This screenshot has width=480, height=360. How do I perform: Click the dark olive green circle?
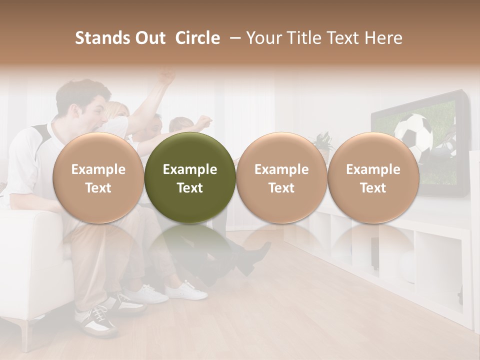tap(190, 177)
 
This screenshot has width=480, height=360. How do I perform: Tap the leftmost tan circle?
tap(98, 177)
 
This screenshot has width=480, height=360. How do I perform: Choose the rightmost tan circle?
tap(373, 177)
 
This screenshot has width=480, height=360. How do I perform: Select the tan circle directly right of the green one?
tap(281, 177)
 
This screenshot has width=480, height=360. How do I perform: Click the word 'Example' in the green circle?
tap(190, 169)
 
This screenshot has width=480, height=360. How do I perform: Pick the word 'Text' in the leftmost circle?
tap(98, 188)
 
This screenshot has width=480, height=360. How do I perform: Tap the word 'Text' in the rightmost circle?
tap(373, 188)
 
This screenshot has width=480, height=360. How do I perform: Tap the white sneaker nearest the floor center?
tap(186, 290)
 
